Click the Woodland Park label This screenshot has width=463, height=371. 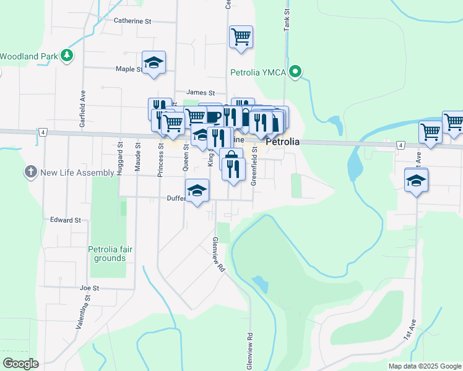[x=28, y=56]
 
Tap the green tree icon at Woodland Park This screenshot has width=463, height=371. [x=67, y=56]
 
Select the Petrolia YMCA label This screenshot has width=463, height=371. [x=258, y=72]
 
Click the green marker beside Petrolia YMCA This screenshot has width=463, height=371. [x=296, y=72]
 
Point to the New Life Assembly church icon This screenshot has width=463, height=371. [x=30, y=171]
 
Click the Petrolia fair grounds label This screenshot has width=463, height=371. [x=111, y=253]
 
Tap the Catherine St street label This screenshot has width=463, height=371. [x=132, y=21]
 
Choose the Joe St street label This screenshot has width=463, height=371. [x=90, y=288]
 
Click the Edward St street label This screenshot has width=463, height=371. [x=66, y=220]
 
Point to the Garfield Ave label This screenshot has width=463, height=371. [x=82, y=111]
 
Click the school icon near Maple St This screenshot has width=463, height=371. [x=154, y=62]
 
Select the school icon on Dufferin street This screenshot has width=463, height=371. [x=197, y=190]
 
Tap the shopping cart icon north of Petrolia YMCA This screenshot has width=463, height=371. [x=240, y=36]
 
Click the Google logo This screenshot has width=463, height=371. [x=20, y=363]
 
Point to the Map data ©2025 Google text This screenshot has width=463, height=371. [x=424, y=366]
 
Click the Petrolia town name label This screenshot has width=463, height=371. [x=282, y=142]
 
